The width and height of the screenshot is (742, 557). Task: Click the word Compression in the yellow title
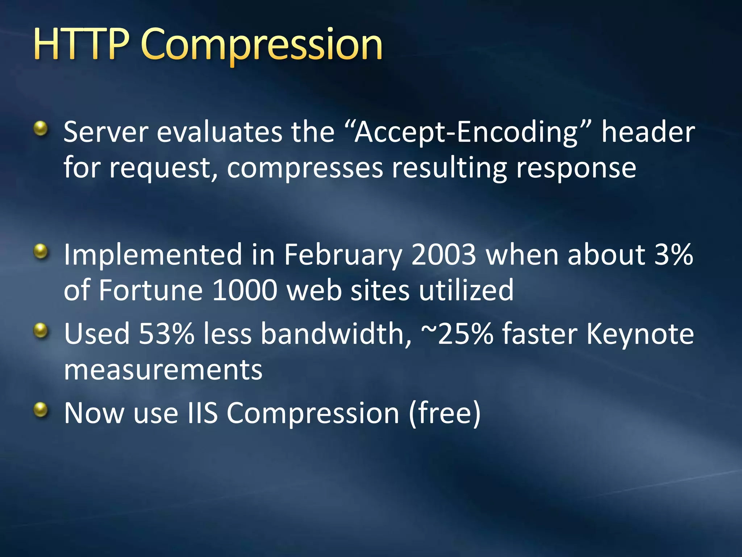point(262,45)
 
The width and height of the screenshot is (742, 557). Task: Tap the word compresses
point(305,169)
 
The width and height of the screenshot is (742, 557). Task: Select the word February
point(342,255)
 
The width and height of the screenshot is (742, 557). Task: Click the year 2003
point(443,254)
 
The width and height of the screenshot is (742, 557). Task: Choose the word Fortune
point(150,290)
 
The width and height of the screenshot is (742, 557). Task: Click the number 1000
point(245,290)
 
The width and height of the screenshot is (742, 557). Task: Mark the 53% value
point(167,333)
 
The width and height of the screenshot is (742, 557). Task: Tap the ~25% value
point(457,333)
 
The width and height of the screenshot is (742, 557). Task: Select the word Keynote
point(640,334)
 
